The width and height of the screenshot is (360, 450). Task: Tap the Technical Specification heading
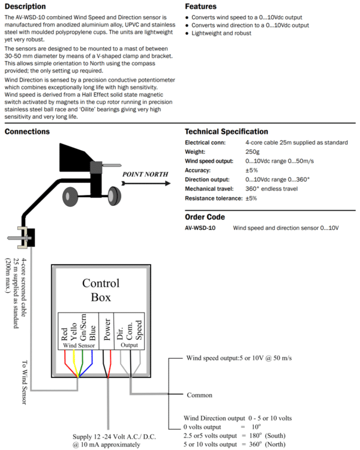tap(226, 131)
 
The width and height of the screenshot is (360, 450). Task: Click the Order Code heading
tap(205, 217)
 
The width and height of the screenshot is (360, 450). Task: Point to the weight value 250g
tap(253, 152)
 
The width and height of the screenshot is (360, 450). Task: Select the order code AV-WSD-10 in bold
tap(200, 229)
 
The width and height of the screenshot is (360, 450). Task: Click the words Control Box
tap(101, 290)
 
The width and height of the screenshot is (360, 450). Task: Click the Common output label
tap(199, 395)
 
